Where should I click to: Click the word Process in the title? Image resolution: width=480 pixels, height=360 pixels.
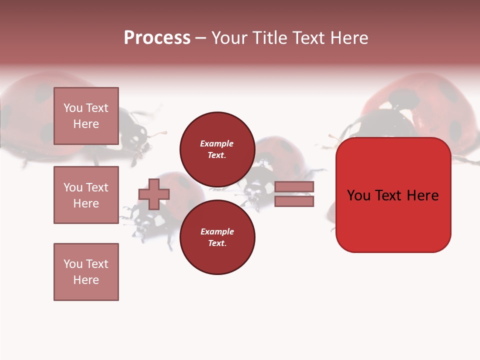(x=157, y=38)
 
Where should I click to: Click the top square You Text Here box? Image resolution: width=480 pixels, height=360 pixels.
(x=86, y=116)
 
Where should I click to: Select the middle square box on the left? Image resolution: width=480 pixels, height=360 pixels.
(x=86, y=195)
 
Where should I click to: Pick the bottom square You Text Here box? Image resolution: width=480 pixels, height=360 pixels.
(x=86, y=272)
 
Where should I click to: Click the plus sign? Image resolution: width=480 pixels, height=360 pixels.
(x=154, y=194)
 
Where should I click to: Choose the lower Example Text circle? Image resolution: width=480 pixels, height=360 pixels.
(x=217, y=237)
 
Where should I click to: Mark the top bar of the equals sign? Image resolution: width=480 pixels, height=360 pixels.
(x=294, y=187)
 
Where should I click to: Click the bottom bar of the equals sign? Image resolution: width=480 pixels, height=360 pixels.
(x=294, y=201)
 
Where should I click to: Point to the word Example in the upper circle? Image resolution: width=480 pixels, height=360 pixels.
(x=217, y=143)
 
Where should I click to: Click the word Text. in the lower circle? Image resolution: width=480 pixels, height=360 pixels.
(x=217, y=243)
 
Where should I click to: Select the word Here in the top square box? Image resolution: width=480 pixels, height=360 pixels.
(x=86, y=124)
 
